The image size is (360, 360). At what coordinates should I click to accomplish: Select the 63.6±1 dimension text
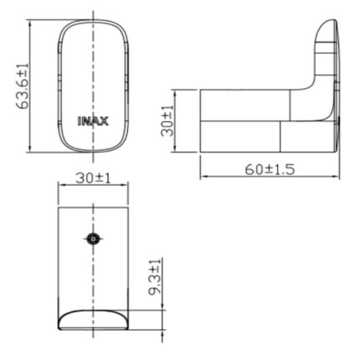click(23, 86)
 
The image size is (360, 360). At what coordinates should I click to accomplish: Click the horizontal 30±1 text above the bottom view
click(92, 178)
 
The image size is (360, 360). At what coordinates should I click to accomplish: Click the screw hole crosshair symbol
click(93, 239)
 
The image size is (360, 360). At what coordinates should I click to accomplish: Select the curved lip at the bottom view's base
click(92, 319)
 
